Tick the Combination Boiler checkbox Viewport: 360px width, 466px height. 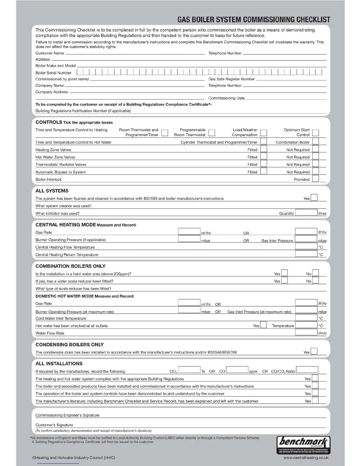(316, 141)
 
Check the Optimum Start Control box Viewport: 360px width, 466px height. (316, 133)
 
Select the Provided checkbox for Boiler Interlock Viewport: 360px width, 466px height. (316, 179)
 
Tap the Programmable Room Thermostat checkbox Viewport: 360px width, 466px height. (212, 133)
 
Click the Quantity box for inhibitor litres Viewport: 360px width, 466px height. (306, 213)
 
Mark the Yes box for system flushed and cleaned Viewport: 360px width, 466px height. (314, 197)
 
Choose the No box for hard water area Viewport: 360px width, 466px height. (316, 273)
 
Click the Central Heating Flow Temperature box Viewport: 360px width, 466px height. (306, 247)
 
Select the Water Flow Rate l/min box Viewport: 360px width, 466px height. (306, 332)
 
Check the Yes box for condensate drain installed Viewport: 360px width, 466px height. (314, 351)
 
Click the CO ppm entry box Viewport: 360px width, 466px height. (237, 370)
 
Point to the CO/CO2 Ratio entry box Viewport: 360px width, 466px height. (307, 370)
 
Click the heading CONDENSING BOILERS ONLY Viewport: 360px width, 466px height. (69, 344)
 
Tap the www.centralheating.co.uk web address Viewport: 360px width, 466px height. (306, 458)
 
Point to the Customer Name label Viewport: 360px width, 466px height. (50, 53)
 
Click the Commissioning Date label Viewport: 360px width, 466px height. (226, 98)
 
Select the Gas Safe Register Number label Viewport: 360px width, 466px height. (231, 79)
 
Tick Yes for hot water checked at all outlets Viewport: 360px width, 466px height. (264, 325)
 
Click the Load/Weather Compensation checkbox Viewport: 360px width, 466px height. (264, 133)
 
